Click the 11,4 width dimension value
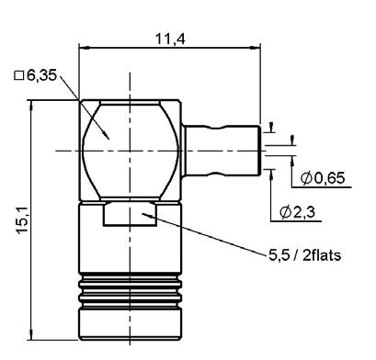tap(170, 39)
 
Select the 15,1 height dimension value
tap(23, 220)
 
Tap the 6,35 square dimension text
tap(42, 75)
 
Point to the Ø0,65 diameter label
tap(323, 178)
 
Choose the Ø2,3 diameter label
tap(298, 212)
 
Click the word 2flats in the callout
tap(322, 255)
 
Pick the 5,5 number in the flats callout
tap(279, 255)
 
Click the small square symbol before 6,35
tap(19, 75)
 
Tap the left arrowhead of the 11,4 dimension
tap(84, 48)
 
